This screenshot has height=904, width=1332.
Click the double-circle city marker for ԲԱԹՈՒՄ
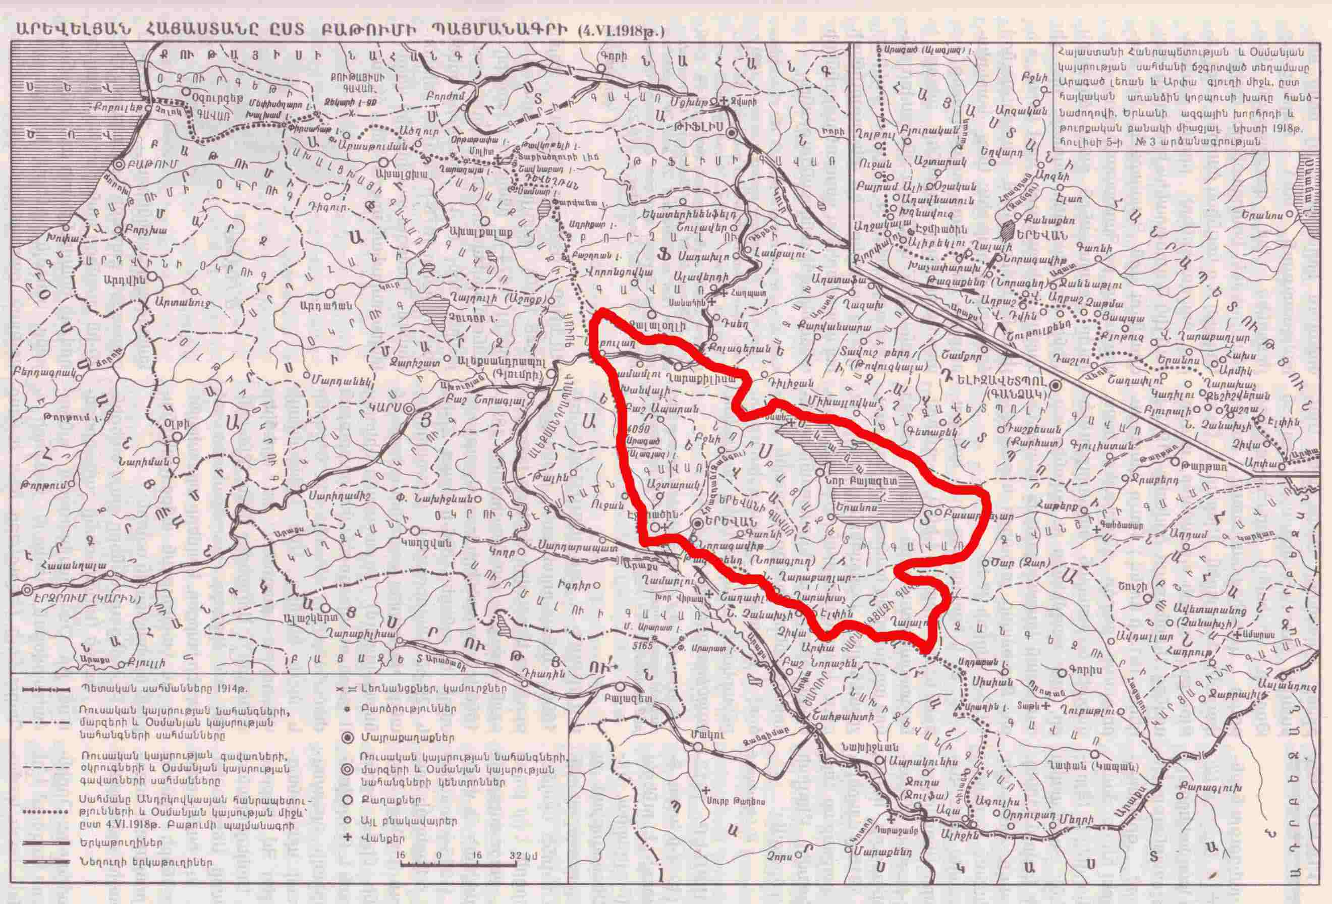coord(119,164)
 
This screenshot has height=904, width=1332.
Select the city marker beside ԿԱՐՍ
coord(409,409)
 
